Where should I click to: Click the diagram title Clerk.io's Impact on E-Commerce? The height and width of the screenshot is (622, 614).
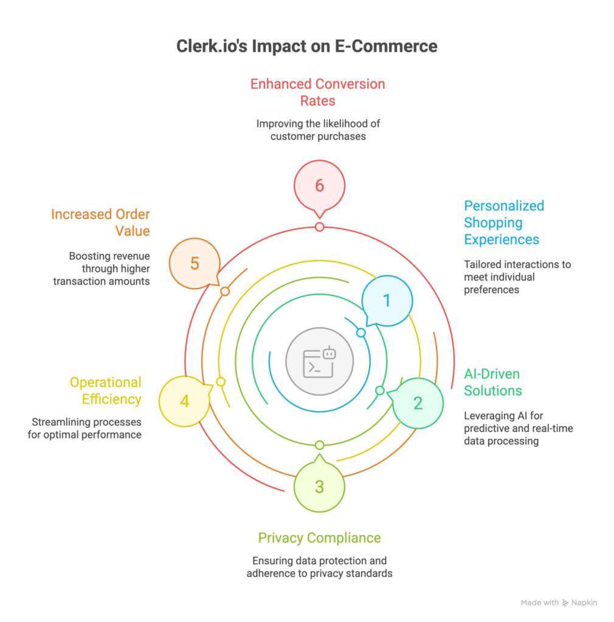click(x=306, y=47)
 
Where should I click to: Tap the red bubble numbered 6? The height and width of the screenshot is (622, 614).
click(x=319, y=186)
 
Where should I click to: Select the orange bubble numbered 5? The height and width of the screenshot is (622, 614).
click(x=195, y=263)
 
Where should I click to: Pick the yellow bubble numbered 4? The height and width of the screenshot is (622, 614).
click(x=184, y=401)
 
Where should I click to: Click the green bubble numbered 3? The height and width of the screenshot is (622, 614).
click(x=319, y=486)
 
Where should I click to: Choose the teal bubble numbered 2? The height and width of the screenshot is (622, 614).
click(x=418, y=403)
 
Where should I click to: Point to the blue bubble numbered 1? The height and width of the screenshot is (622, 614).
click(x=387, y=301)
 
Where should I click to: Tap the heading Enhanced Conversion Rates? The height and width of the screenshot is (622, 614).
click(x=318, y=92)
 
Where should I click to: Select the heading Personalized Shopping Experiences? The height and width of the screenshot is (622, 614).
click(x=504, y=222)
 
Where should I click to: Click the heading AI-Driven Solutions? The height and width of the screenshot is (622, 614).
click(x=492, y=382)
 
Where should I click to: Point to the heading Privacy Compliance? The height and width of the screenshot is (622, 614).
click(x=319, y=538)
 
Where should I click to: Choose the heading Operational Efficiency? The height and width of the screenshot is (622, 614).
click(x=105, y=391)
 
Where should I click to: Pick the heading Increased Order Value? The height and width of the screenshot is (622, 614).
click(x=101, y=223)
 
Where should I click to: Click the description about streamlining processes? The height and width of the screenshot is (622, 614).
click(x=85, y=428)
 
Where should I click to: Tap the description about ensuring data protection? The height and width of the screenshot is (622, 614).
click(x=319, y=567)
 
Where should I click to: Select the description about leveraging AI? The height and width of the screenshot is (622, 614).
click(x=519, y=428)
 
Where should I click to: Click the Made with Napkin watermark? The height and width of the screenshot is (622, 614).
click(x=559, y=603)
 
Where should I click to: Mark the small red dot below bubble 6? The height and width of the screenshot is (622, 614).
click(x=319, y=227)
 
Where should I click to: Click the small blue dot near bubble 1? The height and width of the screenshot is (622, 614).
click(x=360, y=333)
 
